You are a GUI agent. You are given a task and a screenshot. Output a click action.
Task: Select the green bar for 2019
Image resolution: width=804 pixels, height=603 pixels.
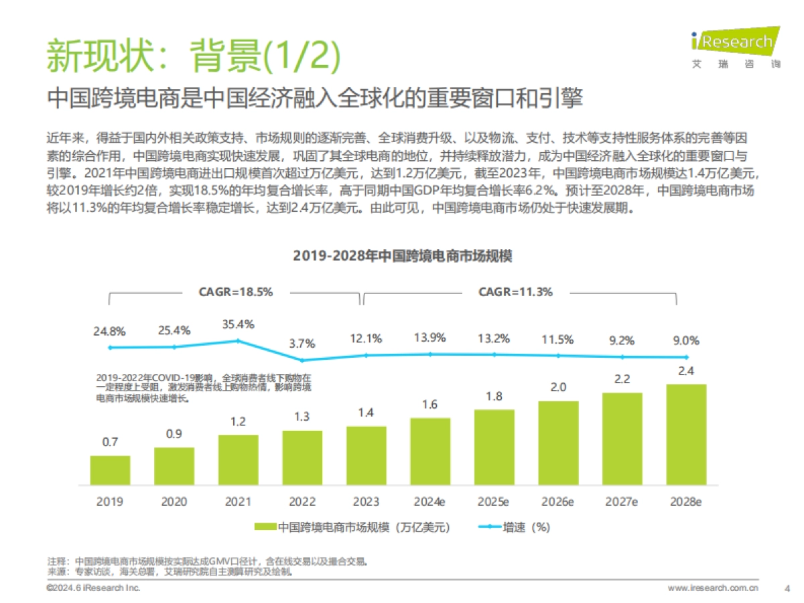click(110, 470)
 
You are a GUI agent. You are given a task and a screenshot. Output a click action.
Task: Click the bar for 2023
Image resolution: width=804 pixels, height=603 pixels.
click(366, 456)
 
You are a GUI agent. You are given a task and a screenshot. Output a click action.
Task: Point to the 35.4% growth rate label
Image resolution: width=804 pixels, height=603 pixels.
click(238, 324)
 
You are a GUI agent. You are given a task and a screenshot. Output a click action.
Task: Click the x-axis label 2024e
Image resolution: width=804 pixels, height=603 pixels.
click(430, 501)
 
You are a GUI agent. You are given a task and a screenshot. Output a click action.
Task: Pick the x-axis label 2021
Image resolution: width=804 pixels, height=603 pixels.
click(238, 501)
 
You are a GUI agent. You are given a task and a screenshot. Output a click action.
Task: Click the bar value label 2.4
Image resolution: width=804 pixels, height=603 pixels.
click(686, 372)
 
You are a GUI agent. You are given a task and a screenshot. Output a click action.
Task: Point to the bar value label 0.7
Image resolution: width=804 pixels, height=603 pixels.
click(110, 443)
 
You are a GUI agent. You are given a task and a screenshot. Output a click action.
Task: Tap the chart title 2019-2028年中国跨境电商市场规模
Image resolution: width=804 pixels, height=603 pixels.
click(402, 257)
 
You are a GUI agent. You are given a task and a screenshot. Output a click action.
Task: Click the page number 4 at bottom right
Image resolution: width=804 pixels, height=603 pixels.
click(786, 588)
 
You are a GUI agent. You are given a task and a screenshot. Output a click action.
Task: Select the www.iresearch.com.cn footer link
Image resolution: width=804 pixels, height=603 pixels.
click(713, 588)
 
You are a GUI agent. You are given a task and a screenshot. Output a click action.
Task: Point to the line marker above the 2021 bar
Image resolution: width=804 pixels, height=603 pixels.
click(238, 340)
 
